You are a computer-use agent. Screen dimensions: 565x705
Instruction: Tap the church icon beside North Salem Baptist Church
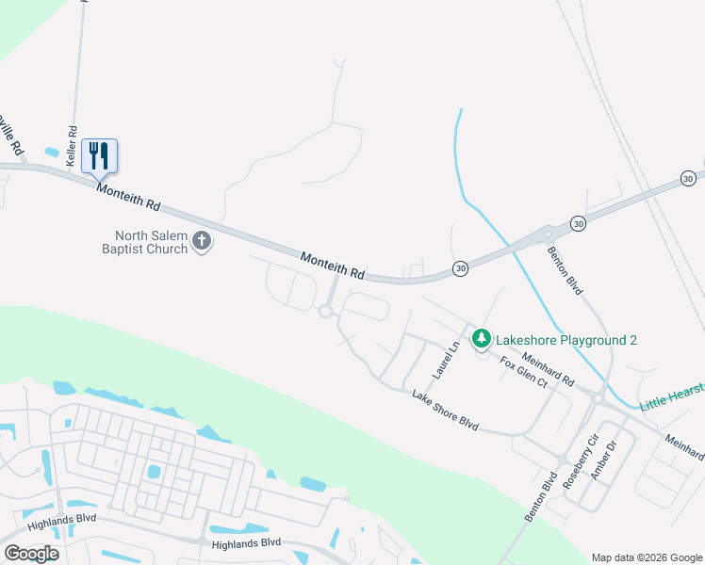pos(201,242)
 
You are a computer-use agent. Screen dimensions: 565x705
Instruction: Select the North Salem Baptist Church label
pos(152,243)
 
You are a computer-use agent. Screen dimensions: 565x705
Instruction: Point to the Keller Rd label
pos(72,146)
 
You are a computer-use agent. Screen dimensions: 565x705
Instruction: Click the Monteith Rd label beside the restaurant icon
pos(129,197)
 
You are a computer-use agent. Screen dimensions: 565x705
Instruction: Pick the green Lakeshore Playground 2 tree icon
pos(482,337)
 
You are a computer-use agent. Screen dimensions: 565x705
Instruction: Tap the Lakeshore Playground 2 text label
pos(566,338)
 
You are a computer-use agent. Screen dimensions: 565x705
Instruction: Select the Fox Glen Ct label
pos(523,373)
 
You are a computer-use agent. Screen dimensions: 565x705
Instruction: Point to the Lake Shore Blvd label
pos(445,412)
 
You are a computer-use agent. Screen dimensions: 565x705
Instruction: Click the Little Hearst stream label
pos(672,395)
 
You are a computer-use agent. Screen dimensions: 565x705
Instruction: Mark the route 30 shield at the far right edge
pos(689,178)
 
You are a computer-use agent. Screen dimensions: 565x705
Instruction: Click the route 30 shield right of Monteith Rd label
pos(460,268)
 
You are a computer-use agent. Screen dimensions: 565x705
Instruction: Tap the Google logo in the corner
pos(31,554)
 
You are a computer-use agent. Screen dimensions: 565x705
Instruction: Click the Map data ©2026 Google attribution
pos(646,557)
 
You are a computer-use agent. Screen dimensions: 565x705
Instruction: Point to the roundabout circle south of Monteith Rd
pos(327,312)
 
